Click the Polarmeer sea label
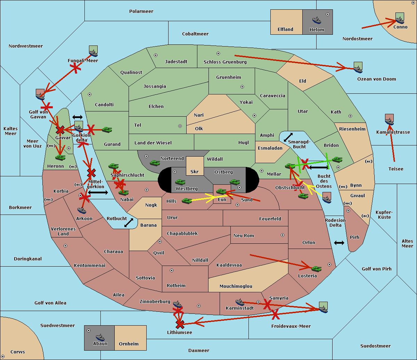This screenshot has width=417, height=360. pyautogui.click(x=141, y=11)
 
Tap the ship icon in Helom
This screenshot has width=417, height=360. pyautogui.click(x=317, y=20)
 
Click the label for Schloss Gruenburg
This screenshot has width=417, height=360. pyautogui.click(x=225, y=62)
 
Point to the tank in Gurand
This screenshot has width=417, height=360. pyautogui.click(x=107, y=130)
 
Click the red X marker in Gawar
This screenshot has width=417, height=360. pyautogui.click(x=60, y=130)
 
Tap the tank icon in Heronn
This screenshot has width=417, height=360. pyautogui.click(x=60, y=158)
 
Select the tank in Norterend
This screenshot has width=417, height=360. pyautogui.click(x=155, y=163)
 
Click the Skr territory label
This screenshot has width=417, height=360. pyautogui.click(x=195, y=171)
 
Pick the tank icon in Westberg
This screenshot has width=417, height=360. pyautogui.click(x=180, y=182)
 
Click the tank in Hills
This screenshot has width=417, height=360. pyautogui.click(x=187, y=201)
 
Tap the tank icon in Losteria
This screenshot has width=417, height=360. pyautogui.click(x=316, y=269)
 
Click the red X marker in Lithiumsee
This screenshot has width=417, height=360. pyautogui.click(x=180, y=325)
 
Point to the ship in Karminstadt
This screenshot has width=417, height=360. pyautogui.click(x=240, y=302)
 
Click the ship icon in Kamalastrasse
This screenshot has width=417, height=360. pyautogui.click(x=390, y=120)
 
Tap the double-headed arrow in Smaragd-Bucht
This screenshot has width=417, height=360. pyautogui.click(x=288, y=137)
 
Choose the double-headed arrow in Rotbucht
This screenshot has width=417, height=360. pyautogui.click(x=129, y=223)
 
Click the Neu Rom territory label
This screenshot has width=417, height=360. pyautogui.click(x=244, y=236)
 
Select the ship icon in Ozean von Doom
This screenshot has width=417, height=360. pyautogui.click(x=358, y=68)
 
